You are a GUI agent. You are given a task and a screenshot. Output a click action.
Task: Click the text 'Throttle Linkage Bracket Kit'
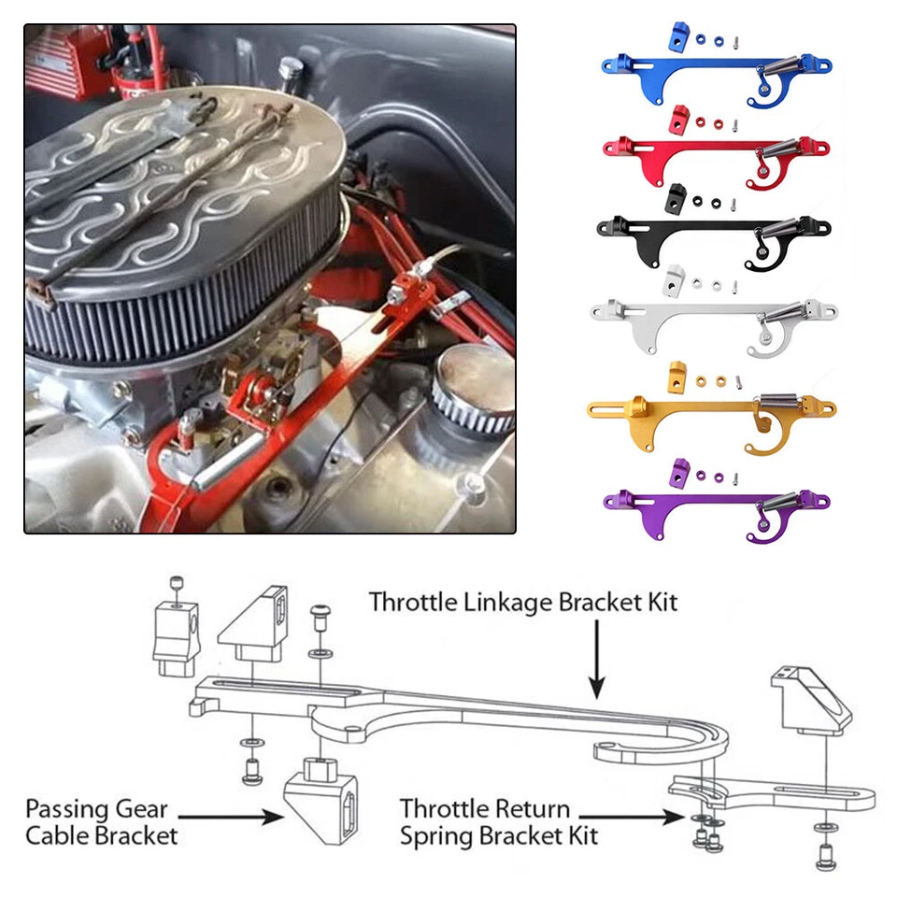[x=523, y=601]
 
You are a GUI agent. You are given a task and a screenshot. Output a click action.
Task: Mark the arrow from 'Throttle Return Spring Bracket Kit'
[x=645, y=816]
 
